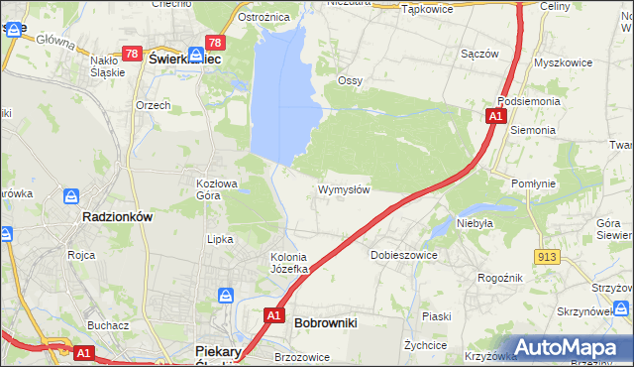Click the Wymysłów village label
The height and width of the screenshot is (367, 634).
click(x=344, y=189)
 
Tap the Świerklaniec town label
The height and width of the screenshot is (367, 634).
click(x=184, y=60)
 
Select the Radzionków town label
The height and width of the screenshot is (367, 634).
click(x=116, y=216)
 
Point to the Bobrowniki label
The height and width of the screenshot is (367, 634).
click(x=326, y=322)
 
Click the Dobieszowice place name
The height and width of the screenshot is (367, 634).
click(x=404, y=255)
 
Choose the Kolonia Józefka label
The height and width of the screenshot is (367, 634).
click(x=291, y=263)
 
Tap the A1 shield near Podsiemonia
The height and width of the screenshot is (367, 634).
click(x=494, y=117)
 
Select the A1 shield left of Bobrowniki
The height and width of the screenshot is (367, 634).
click(x=275, y=316)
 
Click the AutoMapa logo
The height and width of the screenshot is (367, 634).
click(x=569, y=347)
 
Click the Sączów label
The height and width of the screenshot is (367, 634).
click(x=479, y=54)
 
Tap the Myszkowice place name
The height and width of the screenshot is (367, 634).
click(x=562, y=61)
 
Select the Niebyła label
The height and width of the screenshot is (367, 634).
click(x=475, y=223)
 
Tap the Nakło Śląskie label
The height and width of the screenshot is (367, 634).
click(x=107, y=65)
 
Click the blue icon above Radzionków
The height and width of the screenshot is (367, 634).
click(x=71, y=197)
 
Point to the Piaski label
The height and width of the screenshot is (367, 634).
click(x=436, y=316)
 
